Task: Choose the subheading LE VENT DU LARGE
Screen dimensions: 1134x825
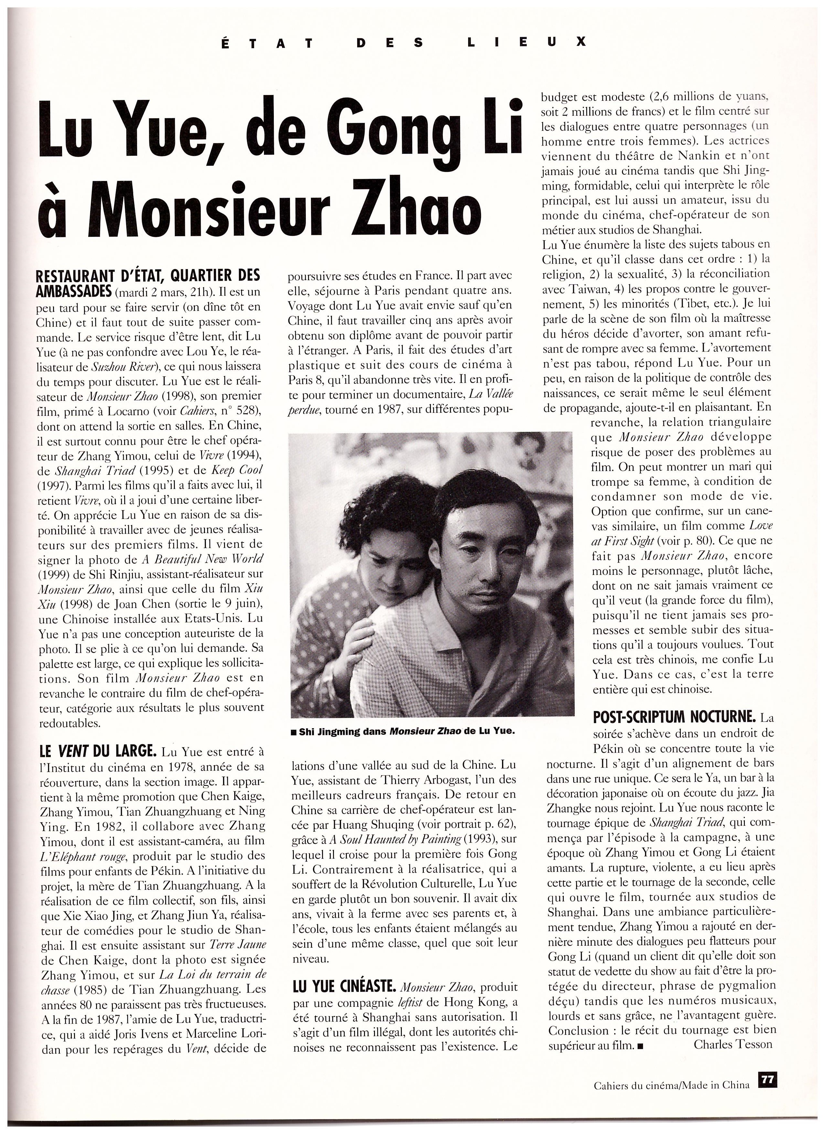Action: pyautogui.click(x=98, y=751)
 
